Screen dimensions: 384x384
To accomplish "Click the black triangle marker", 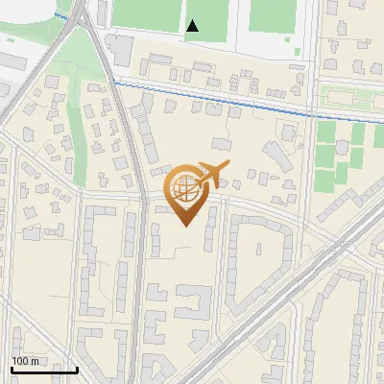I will (193, 26).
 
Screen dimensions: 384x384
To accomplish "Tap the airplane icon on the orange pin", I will (213, 175).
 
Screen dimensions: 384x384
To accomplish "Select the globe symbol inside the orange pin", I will (185, 188).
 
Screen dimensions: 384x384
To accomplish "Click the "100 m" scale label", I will (25, 361).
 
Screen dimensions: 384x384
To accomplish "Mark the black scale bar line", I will (44, 370).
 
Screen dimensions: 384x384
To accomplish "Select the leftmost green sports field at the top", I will (146, 13).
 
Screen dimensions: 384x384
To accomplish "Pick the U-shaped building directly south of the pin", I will (193, 305).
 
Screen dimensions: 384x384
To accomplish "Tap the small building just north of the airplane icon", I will (222, 144).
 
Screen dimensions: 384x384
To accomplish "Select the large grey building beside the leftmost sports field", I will (120, 48).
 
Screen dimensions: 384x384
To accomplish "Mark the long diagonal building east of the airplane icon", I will (279, 154).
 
